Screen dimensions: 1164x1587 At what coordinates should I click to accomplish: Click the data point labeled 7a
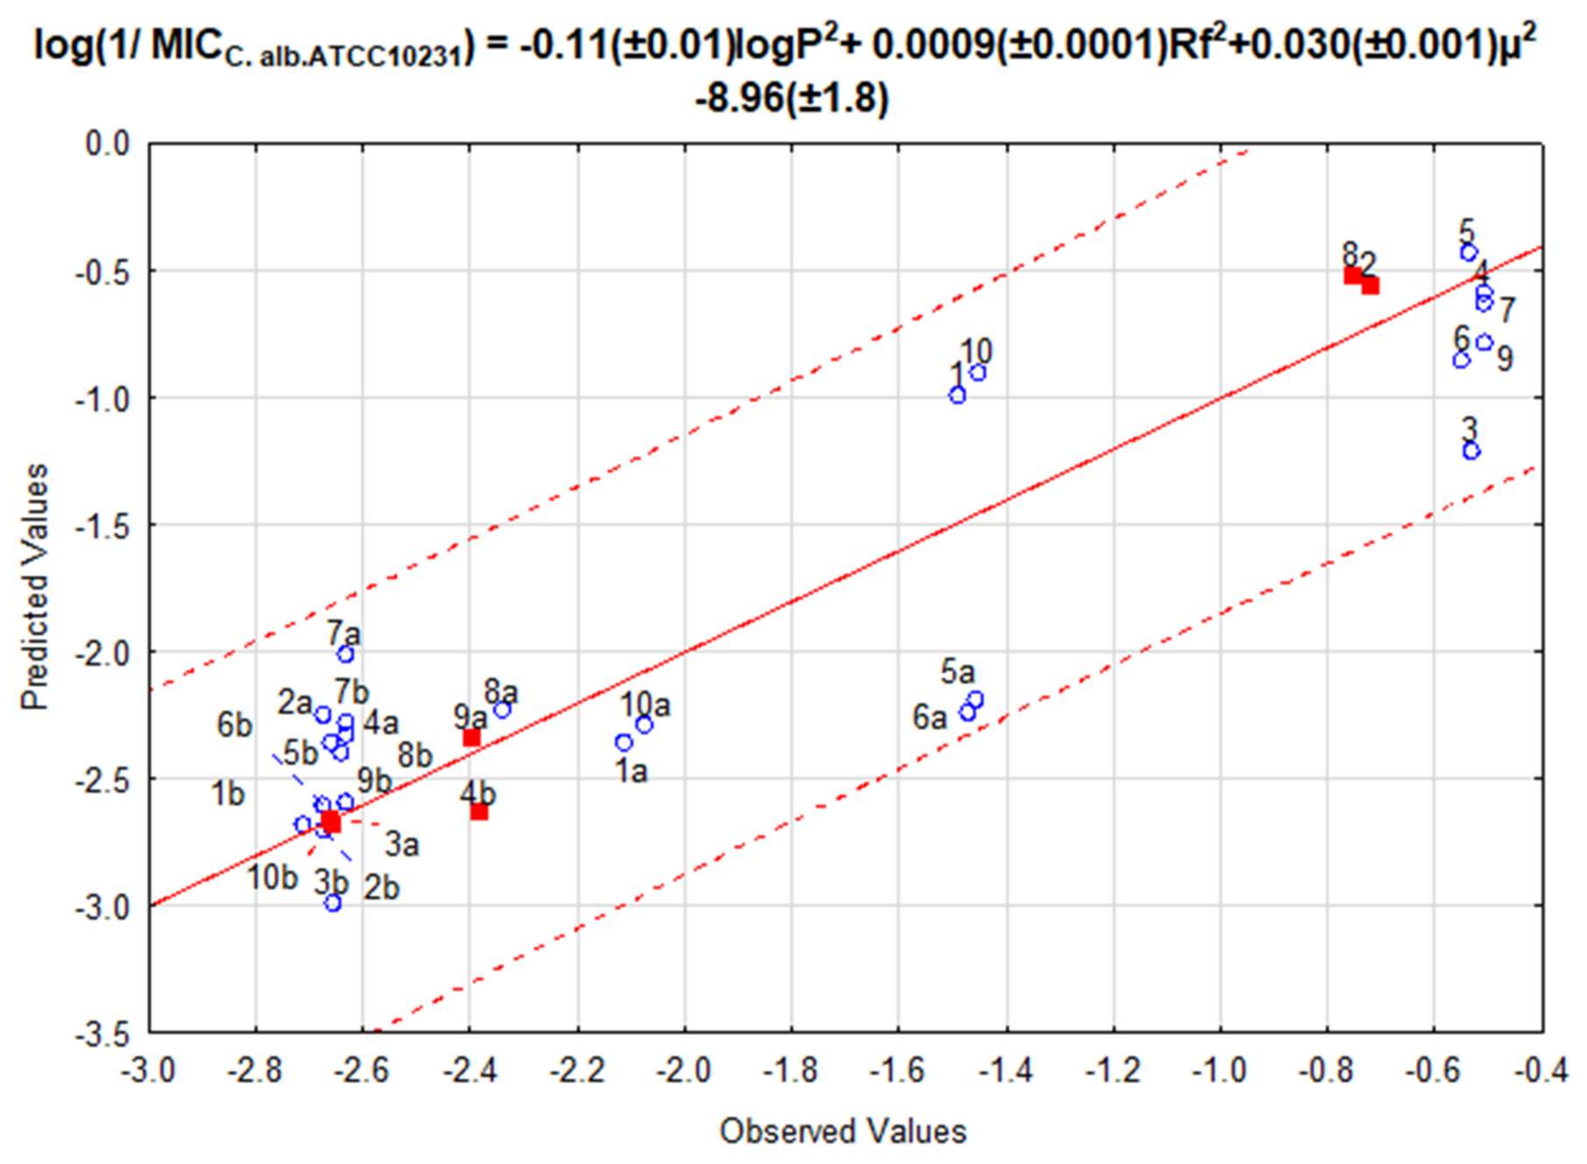coord(345,655)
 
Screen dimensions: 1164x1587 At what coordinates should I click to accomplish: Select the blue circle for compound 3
coord(1471,451)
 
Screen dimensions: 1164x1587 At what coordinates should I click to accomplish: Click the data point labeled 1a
coord(624,743)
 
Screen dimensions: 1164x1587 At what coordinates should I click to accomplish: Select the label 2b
coord(381,888)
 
